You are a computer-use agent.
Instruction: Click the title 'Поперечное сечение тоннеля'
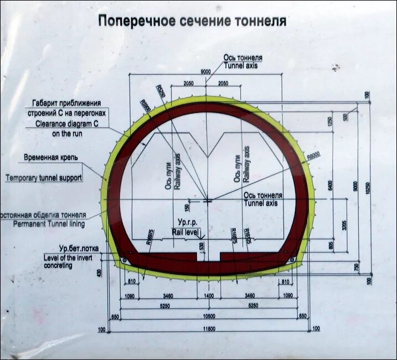(192, 22)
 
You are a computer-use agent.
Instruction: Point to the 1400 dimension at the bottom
(208, 296)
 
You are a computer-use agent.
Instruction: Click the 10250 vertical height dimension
(367, 188)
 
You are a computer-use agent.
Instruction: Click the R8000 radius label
(314, 157)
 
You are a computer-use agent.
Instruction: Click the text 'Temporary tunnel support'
(44, 178)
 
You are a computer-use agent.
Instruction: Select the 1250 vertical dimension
(330, 121)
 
